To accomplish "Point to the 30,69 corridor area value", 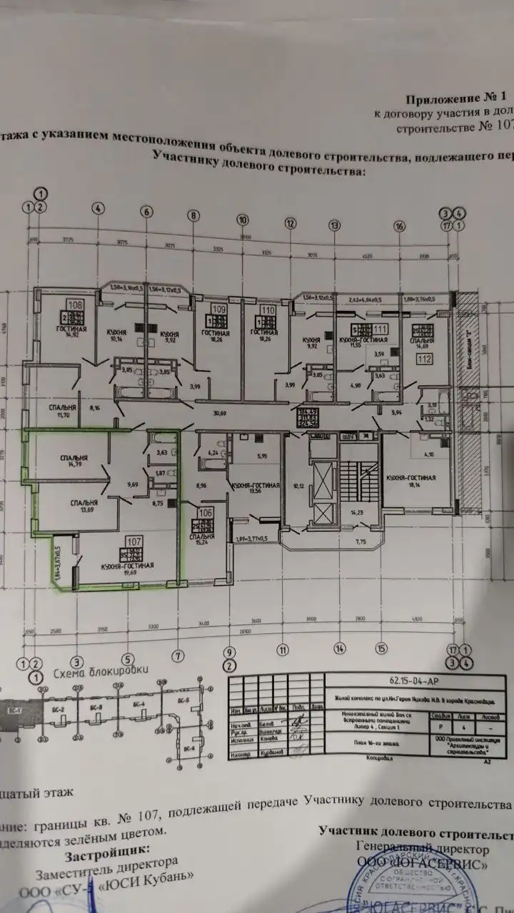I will (229, 413).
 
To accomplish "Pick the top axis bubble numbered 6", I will (147, 212).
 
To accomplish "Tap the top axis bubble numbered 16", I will (400, 226).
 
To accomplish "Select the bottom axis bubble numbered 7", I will (178, 654).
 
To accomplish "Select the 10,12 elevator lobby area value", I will (298, 487).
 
